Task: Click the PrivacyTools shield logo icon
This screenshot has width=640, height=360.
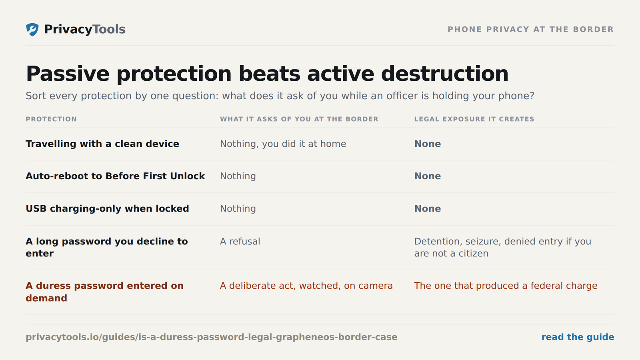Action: (32, 30)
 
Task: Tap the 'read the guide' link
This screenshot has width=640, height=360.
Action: (578, 337)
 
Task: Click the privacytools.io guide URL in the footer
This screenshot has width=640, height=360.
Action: (212, 337)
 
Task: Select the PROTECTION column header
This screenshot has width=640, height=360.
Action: (51, 119)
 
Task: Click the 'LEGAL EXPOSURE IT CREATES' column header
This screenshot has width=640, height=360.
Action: (474, 119)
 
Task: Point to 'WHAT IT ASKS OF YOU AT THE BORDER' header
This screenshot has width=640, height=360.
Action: (299, 119)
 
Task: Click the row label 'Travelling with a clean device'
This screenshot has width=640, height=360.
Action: (102, 144)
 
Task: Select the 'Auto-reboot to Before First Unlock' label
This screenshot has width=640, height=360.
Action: (115, 176)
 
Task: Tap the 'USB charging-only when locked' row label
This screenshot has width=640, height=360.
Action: (107, 208)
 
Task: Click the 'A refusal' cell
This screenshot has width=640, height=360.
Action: (240, 242)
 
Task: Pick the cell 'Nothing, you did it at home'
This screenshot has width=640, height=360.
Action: (283, 144)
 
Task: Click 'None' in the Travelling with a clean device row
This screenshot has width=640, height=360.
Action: (428, 144)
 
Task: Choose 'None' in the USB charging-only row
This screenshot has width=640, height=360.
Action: (428, 208)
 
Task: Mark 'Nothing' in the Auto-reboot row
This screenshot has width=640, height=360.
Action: (238, 176)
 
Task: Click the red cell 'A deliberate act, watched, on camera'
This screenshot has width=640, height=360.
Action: (306, 286)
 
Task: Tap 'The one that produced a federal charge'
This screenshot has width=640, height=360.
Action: (506, 286)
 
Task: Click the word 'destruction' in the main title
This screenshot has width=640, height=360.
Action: (445, 74)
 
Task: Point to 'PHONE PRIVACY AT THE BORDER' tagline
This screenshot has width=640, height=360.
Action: (530, 30)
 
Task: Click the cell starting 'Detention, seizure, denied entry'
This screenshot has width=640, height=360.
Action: (502, 248)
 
